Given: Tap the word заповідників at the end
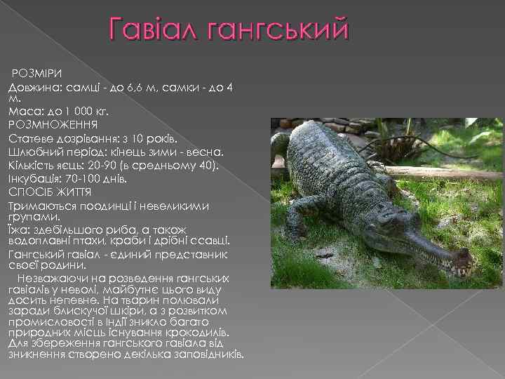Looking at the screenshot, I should pyautogui.click(x=210, y=355).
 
